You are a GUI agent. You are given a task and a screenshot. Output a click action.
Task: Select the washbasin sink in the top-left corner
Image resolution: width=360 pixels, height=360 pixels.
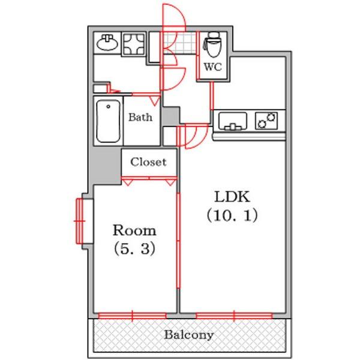click(108, 43)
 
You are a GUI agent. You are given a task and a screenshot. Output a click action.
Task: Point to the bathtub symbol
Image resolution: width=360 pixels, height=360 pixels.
click(108, 121)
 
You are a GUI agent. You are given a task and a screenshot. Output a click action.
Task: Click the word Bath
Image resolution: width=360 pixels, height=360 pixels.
click(140, 118)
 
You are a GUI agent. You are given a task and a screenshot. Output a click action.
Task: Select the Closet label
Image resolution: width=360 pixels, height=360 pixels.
click(148, 162)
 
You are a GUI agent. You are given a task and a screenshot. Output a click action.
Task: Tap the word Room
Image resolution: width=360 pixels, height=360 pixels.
click(135, 230)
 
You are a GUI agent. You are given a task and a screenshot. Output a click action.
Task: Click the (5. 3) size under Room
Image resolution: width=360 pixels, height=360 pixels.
click(135, 248)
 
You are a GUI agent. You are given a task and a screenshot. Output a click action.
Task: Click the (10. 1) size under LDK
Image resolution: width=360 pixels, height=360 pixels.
click(232, 215)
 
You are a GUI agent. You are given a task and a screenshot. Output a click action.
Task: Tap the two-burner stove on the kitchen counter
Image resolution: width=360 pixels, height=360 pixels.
click(266, 121)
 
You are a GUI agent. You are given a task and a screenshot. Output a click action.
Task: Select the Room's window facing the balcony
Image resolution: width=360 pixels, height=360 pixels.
click(133, 314)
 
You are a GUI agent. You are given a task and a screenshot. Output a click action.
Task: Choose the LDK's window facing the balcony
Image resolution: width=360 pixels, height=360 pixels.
click(233, 314)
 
